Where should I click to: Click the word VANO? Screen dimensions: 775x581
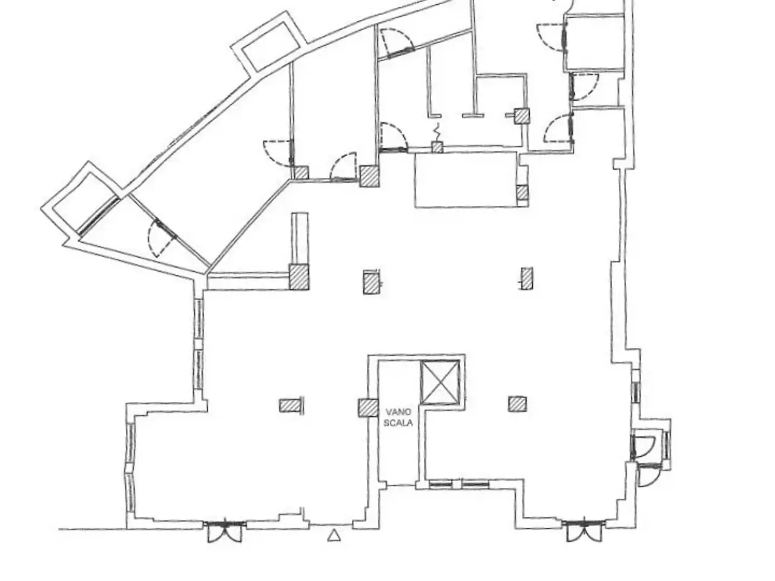398,412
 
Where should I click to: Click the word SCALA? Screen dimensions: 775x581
398,422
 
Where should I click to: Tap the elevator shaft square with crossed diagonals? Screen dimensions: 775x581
440,382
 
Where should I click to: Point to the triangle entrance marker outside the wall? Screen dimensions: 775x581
334,536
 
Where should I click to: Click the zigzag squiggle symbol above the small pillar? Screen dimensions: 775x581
438,131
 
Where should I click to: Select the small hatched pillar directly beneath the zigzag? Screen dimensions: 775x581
437,146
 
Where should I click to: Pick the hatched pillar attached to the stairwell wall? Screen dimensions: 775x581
368,408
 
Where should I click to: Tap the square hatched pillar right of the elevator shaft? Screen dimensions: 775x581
517,404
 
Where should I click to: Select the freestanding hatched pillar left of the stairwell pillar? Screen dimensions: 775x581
290,405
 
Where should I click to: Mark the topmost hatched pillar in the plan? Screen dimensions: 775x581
521,116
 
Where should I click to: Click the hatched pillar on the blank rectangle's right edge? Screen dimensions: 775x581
522,192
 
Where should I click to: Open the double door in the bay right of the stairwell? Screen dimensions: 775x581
584,530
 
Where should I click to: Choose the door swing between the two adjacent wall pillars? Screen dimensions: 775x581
343,167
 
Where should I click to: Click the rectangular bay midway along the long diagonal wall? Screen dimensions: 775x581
268,44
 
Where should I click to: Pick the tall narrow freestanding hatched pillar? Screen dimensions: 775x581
527,278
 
